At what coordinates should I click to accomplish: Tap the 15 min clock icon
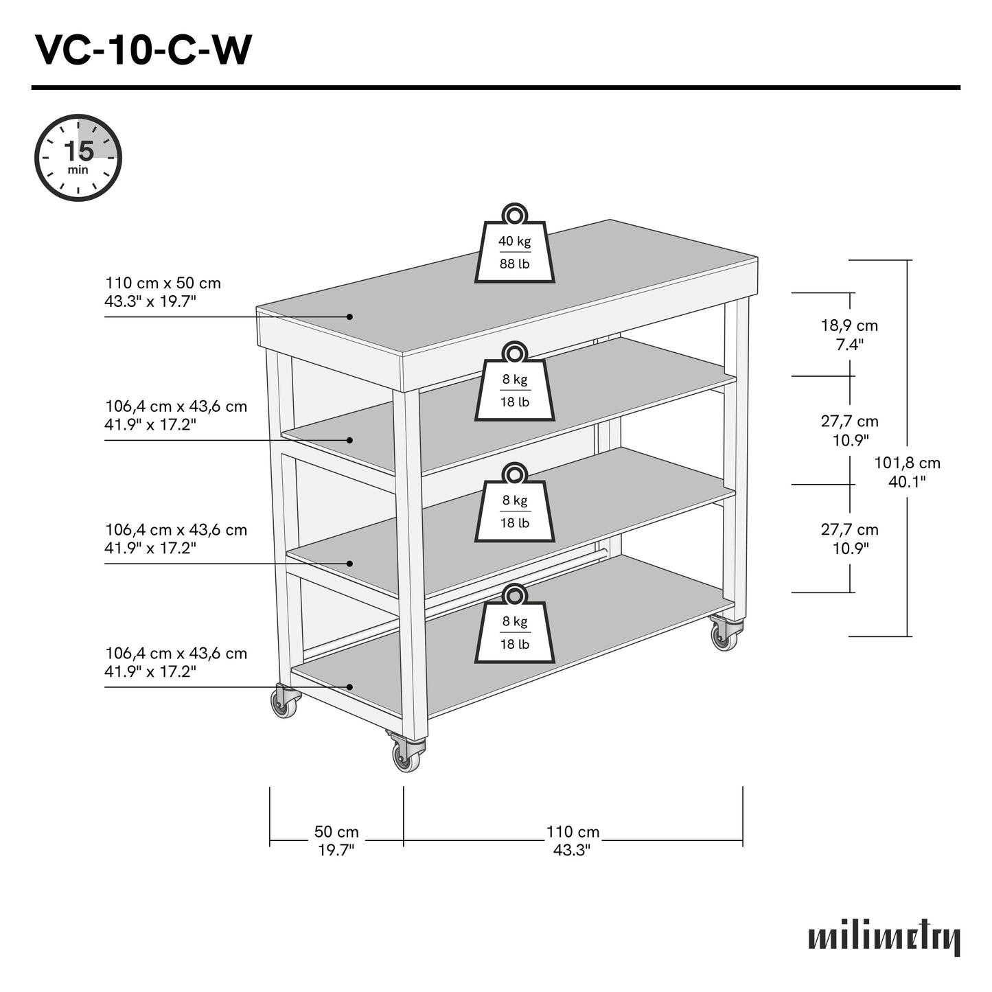coord(78,158)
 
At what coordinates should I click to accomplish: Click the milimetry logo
coord(884,938)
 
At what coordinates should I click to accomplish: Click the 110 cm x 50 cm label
coord(163,292)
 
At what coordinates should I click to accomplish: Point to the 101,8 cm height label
coord(906,472)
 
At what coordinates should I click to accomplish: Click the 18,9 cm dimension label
coord(849,334)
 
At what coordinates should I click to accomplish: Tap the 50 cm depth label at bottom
coord(336,840)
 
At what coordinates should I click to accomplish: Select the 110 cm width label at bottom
coord(573,840)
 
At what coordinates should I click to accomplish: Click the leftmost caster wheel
coord(284,702)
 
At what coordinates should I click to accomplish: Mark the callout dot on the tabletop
coord(349,316)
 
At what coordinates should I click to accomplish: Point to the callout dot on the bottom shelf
coord(349,687)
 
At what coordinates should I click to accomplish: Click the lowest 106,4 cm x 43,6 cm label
coord(175,662)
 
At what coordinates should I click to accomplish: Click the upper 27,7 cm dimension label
coord(849,430)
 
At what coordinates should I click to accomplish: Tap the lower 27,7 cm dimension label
coord(849,538)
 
